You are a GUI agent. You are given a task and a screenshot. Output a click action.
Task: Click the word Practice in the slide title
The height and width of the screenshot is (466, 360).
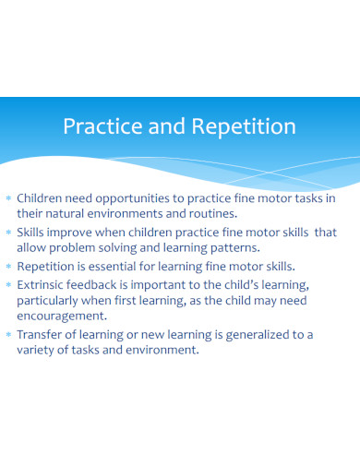point(95,126)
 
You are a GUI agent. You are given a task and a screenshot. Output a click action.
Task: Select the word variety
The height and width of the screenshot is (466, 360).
point(39,350)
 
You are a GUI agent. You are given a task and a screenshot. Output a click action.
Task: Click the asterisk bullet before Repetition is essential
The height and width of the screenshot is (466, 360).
point(8,268)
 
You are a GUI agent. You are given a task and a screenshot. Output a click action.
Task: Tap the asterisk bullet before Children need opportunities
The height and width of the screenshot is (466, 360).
point(8,198)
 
